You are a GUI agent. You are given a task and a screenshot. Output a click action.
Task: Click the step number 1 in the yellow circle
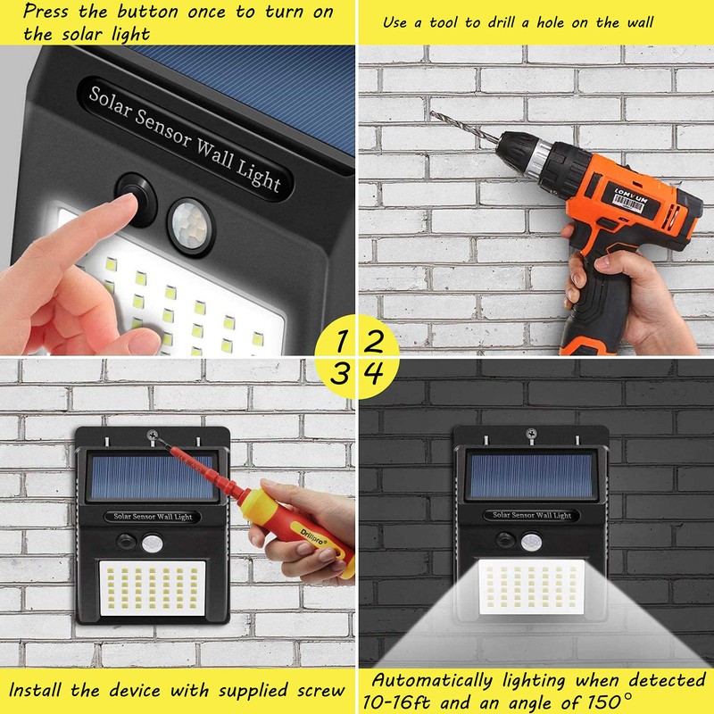[x=341, y=341]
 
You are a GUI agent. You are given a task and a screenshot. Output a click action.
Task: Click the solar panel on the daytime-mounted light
[x=152, y=477]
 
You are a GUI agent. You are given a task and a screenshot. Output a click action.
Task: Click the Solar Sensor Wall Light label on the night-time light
[x=532, y=515]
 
